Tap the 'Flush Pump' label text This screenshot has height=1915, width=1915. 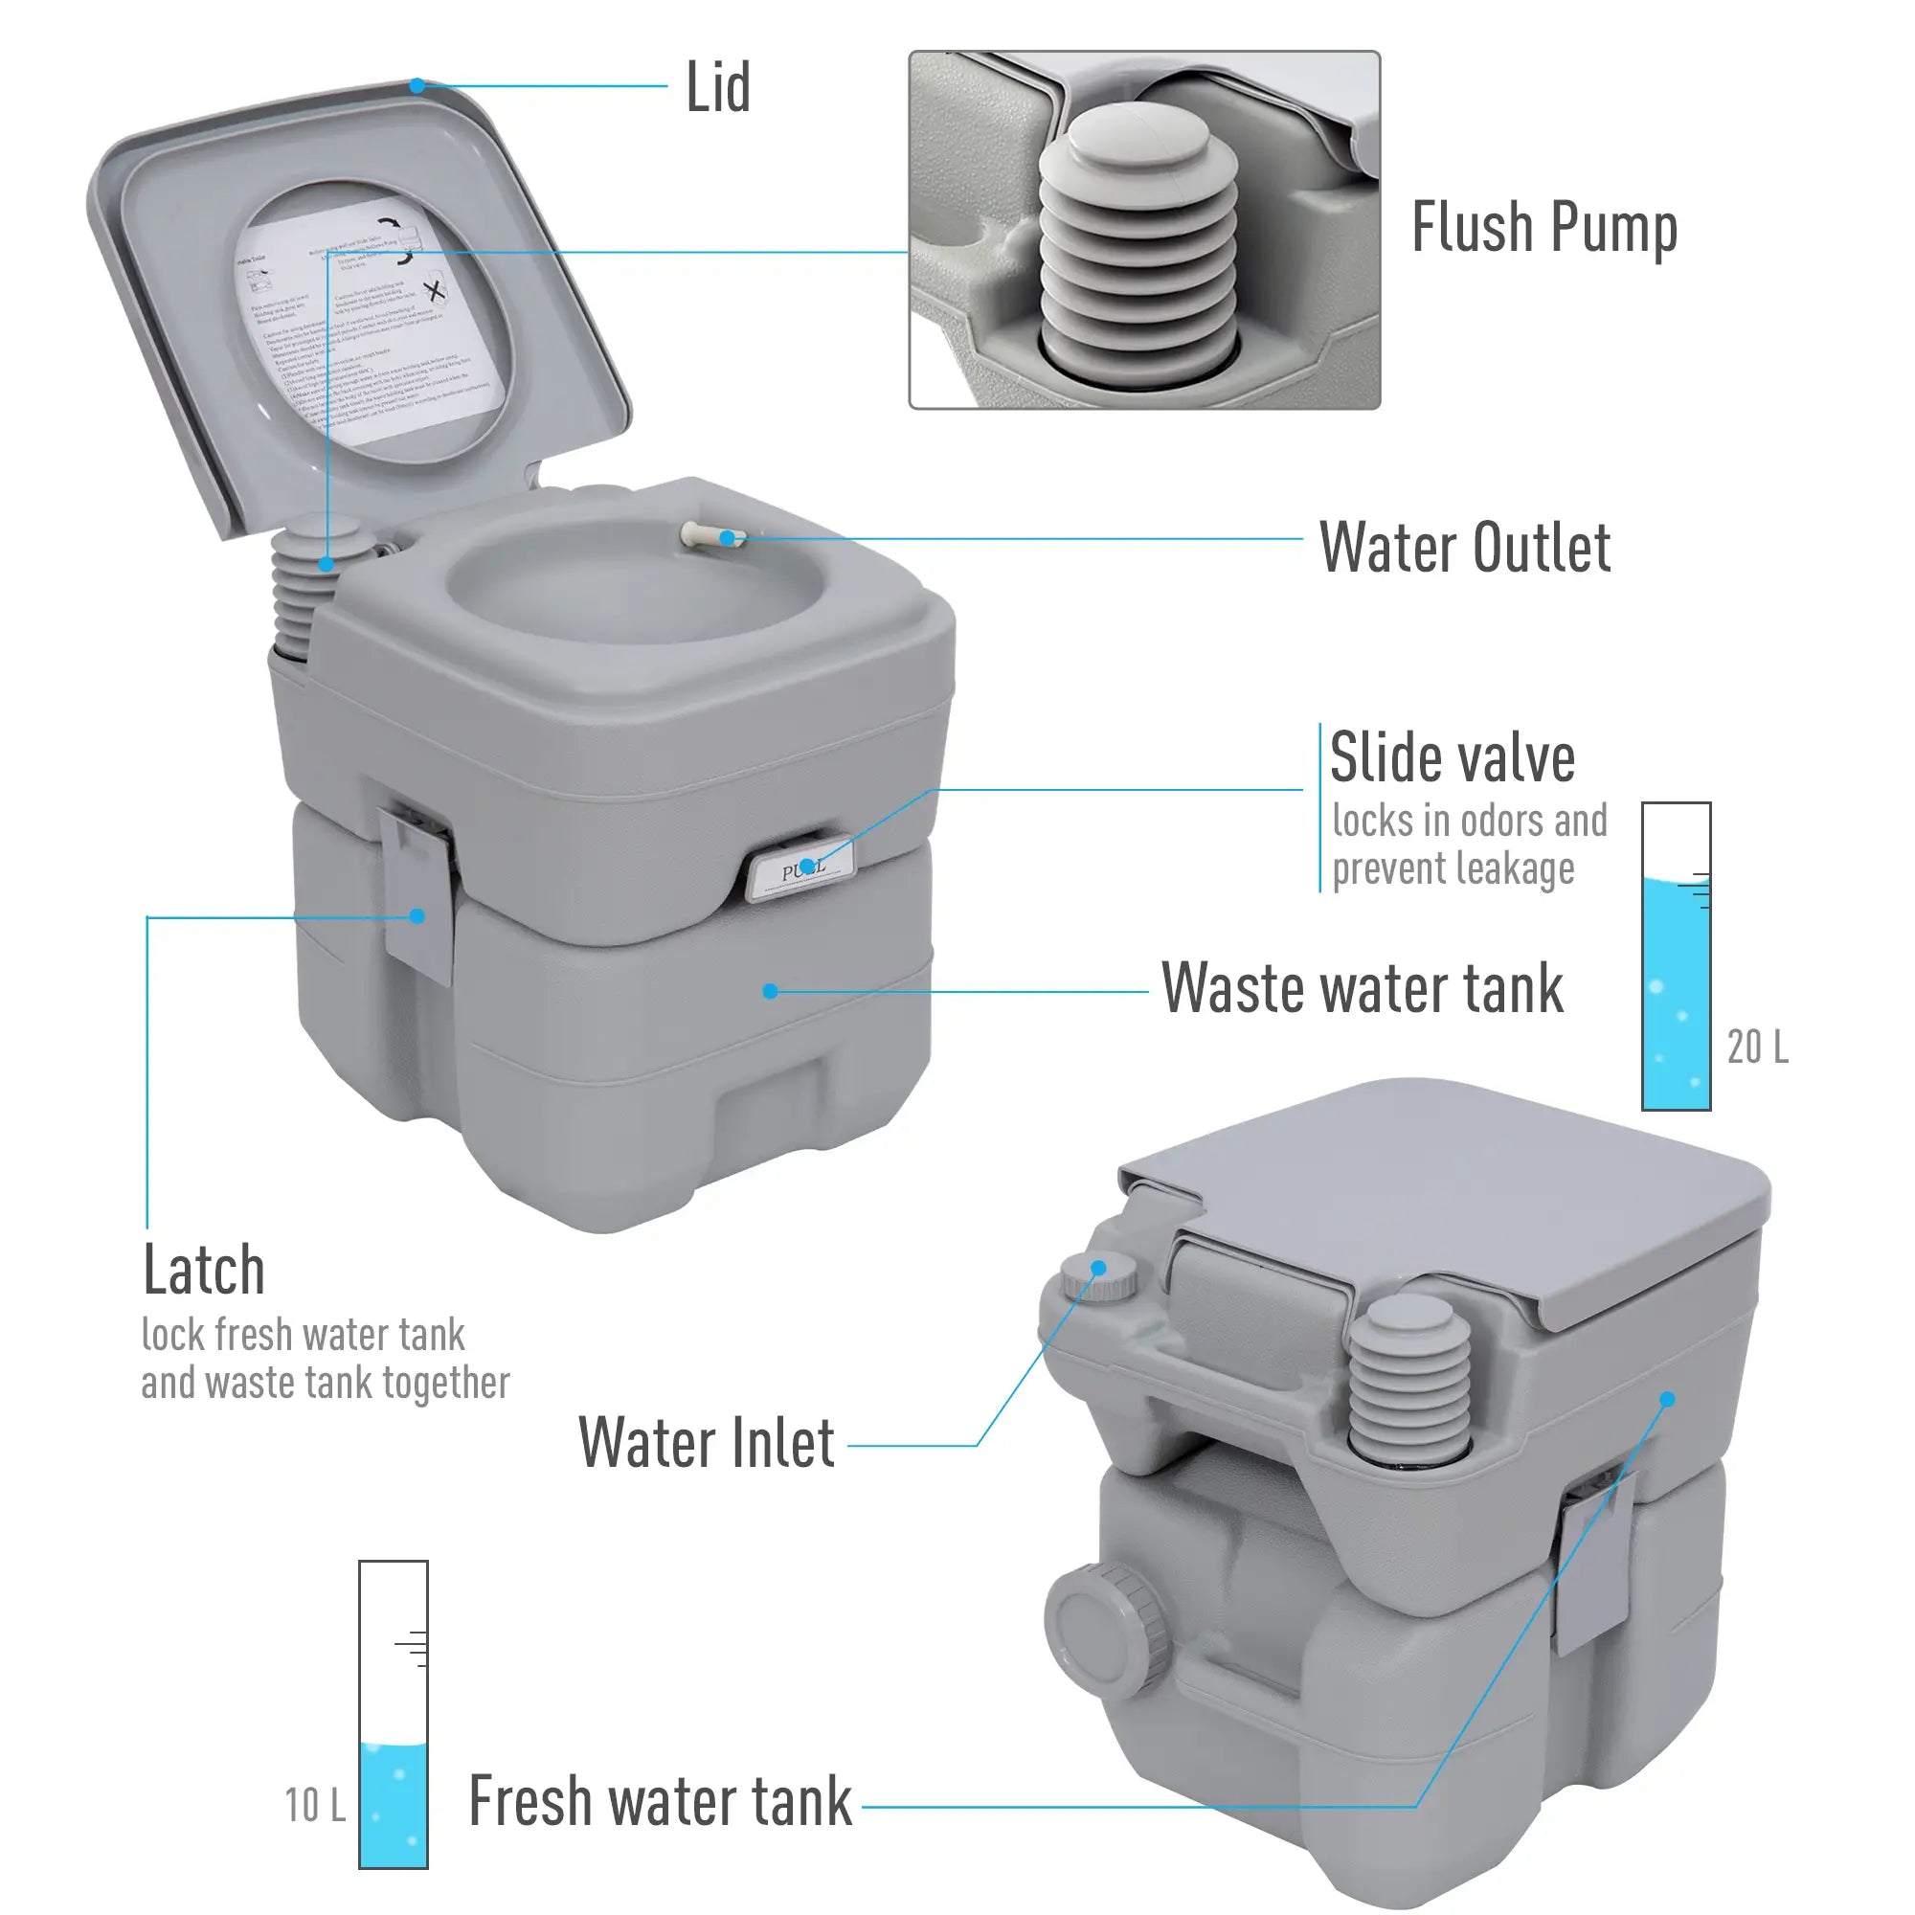(1543, 228)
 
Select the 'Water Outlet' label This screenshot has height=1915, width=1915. (1465, 547)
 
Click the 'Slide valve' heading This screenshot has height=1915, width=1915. (1453, 758)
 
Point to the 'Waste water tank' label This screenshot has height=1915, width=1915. (1362, 988)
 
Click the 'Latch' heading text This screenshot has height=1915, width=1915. (204, 1270)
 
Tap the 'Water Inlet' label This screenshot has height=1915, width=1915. (706, 1443)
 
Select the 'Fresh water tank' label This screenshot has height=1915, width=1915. (660, 1801)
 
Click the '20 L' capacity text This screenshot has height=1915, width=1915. (1757, 1048)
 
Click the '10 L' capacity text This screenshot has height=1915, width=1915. (314, 1805)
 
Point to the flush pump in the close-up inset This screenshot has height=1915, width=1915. (1138, 248)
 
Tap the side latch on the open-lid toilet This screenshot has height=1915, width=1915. (417, 892)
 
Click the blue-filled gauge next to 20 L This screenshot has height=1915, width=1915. (1677, 957)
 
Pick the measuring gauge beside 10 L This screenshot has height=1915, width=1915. (394, 1714)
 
